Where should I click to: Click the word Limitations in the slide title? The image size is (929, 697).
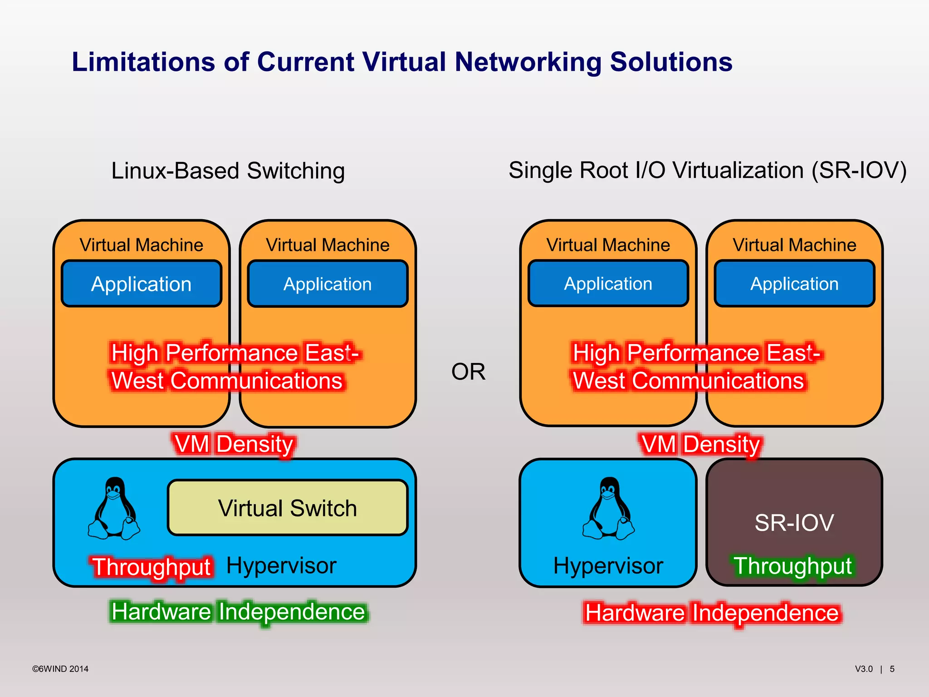[143, 62]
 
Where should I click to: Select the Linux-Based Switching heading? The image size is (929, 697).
[228, 172]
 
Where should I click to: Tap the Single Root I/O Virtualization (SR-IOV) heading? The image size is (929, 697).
[707, 171]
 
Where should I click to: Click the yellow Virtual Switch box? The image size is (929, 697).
[288, 508]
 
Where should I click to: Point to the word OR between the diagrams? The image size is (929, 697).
[468, 372]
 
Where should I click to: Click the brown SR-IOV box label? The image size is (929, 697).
[794, 522]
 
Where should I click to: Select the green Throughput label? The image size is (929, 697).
[793, 566]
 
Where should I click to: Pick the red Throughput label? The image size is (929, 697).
[152, 567]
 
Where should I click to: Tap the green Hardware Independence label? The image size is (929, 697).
[238, 612]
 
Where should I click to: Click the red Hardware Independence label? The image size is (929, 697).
[712, 613]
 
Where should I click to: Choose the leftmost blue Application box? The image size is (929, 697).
[142, 284]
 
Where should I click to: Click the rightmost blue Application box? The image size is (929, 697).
[794, 284]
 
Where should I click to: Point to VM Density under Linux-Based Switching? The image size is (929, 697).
[234, 444]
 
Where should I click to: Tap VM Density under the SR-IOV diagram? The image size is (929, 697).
[700, 444]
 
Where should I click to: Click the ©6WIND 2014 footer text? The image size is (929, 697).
[60, 669]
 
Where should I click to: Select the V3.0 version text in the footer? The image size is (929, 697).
[864, 669]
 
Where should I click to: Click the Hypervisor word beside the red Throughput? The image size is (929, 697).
[281, 566]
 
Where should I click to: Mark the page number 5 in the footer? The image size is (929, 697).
[892, 669]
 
